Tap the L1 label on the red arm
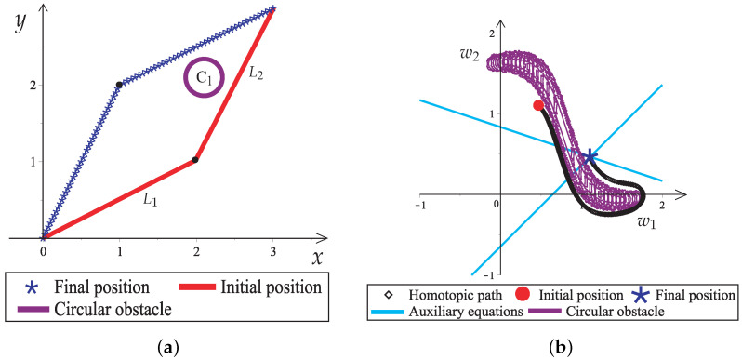click(x=150, y=198)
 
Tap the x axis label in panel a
click(x=316, y=256)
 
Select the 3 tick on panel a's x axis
click(x=272, y=252)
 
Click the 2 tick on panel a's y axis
click(x=33, y=86)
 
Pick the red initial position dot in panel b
click(x=539, y=105)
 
